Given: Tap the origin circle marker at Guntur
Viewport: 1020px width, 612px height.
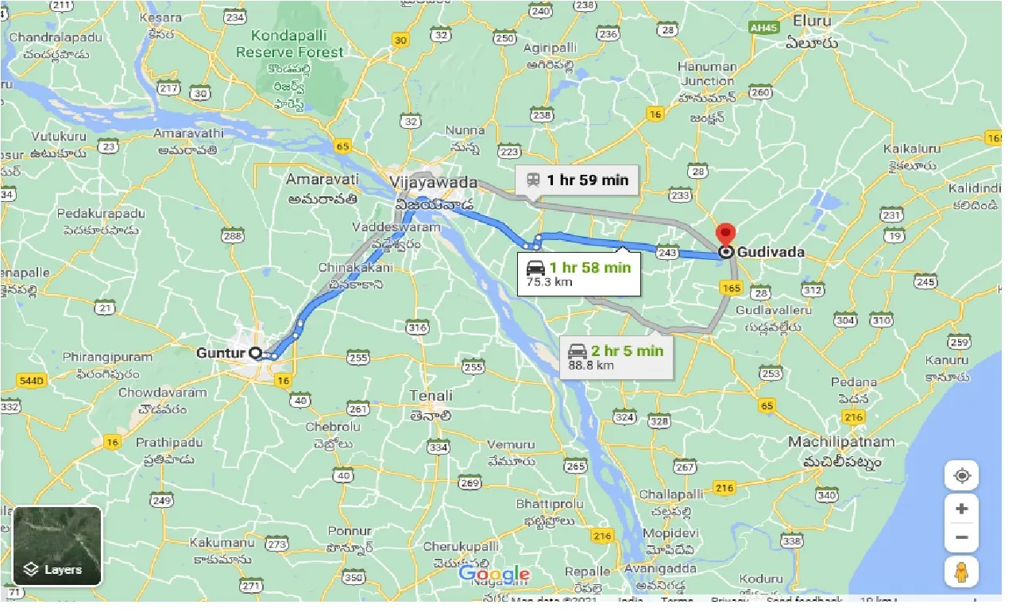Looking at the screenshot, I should [x=255, y=353].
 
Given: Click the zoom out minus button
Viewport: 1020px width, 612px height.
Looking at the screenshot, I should [x=961, y=537].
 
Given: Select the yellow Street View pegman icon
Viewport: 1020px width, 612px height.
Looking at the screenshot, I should [x=961, y=572].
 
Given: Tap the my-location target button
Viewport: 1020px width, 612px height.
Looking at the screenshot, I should [x=961, y=475].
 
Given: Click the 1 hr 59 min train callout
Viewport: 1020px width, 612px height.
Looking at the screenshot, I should [x=576, y=180].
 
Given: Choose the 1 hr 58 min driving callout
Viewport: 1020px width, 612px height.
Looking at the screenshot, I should [x=578, y=273].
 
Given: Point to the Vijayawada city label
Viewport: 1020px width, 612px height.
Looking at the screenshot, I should [x=434, y=183].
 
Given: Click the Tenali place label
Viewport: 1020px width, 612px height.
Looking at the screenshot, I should [x=431, y=395].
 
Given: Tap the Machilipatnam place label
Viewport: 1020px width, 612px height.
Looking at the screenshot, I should [x=841, y=442].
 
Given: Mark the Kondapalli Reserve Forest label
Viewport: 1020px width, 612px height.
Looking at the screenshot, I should [x=289, y=44].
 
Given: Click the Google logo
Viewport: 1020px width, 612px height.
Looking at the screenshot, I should [x=494, y=574].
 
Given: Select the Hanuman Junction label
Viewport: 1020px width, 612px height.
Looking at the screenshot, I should [x=707, y=74].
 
